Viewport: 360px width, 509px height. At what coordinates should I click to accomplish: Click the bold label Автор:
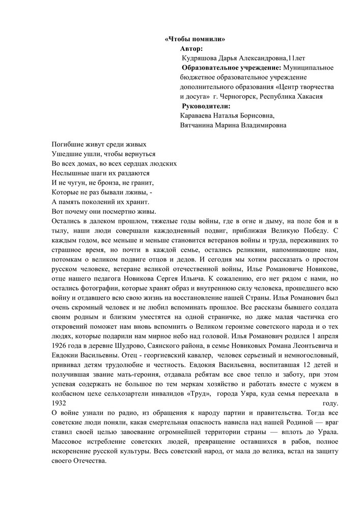[x=191, y=48]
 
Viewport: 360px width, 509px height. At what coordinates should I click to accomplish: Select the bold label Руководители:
[x=206, y=106]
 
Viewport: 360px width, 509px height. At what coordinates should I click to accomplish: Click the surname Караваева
[x=200, y=116]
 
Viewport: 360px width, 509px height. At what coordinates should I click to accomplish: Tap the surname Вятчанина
[x=201, y=125]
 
